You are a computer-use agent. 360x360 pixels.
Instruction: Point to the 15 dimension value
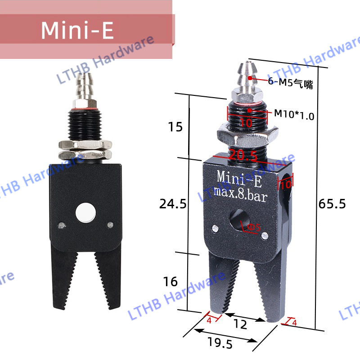click(175, 127)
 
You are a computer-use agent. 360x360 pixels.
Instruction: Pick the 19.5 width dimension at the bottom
click(220, 344)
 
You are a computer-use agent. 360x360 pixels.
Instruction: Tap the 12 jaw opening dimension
click(241, 324)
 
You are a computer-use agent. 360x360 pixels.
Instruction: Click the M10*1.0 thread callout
click(294, 115)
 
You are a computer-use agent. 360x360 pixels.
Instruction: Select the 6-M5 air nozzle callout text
click(290, 82)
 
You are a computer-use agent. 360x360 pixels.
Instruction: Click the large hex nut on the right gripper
click(244, 134)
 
